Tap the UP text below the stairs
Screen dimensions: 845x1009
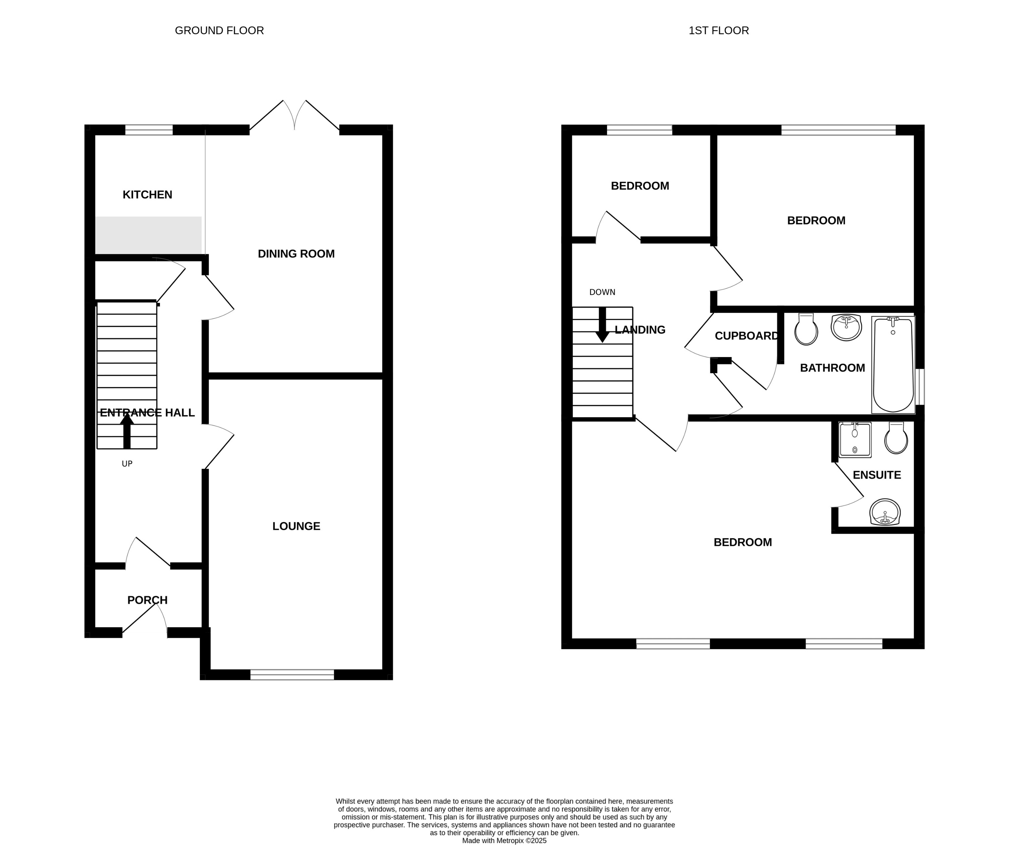click(127, 463)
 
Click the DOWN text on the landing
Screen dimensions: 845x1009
click(602, 292)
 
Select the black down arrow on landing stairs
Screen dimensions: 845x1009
click(602, 326)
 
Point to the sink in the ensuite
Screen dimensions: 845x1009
click(885, 512)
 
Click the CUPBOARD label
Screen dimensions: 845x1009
click(746, 336)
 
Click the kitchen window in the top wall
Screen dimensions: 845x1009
click(149, 130)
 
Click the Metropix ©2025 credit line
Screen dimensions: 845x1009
click(504, 841)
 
